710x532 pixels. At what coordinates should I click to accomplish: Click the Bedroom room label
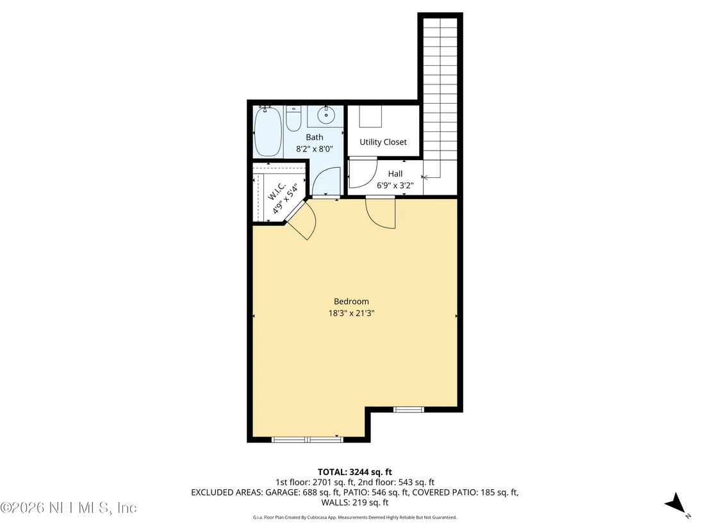(351, 302)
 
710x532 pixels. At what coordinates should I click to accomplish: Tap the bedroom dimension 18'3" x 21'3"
(351, 313)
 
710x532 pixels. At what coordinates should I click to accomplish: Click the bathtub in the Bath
(268, 131)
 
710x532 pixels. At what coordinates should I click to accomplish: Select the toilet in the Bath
(293, 118)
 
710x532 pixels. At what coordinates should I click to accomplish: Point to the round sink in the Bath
(326, 115)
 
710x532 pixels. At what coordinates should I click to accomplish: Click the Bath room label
(315, 137)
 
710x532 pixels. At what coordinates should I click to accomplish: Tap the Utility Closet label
(383, 142)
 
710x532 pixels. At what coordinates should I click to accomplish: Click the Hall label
(395, 173)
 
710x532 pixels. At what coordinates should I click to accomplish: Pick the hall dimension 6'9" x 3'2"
(395, 186)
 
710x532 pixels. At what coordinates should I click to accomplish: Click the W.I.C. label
(276, 191)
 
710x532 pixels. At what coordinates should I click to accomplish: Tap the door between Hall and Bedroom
(381, 213)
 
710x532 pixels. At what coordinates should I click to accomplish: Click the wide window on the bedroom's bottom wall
(308, 439)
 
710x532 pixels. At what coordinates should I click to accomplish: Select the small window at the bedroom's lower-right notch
(408, 410)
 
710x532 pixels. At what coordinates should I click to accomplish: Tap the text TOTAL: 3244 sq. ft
(354, 472)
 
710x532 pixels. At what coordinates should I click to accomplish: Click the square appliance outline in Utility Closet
(370, 117)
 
